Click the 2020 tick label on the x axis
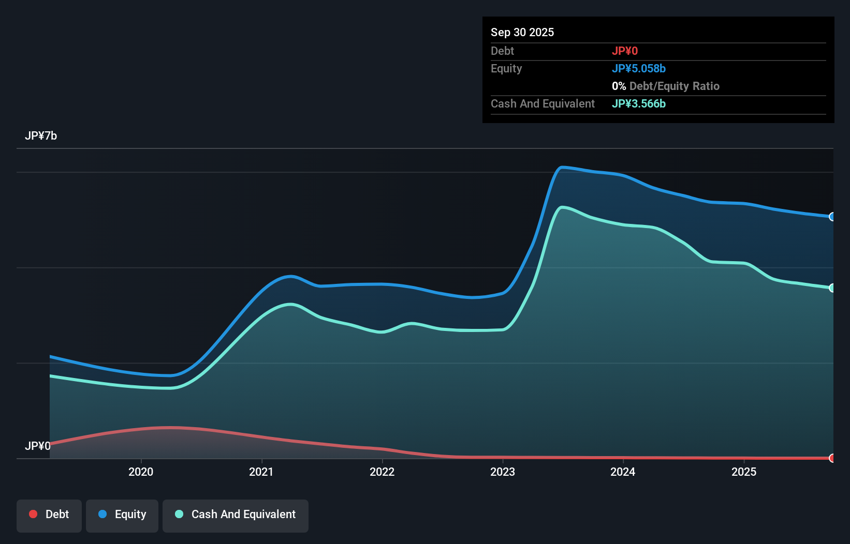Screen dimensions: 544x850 pyautogui.click(x=141, y=472)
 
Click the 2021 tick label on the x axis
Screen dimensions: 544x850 pyautogui.click(x=261, y=472)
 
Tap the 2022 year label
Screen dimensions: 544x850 pyautogui.click(x=382, y=472)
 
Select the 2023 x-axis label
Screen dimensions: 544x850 pyautogui.click(x=503, y=472)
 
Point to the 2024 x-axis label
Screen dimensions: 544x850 pyautogui.click(x=623, y=472)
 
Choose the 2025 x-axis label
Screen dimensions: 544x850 pyautogui.click(x=744, y=472)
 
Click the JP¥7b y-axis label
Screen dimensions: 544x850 pyautogui.click(x=41, y=136)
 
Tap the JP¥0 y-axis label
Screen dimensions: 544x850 pyautogui.click(x=38, y=446)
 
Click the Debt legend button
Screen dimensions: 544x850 pyautogui.click(x=49, y=515)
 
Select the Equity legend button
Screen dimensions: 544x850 pyautogui.click(x=122, y=515)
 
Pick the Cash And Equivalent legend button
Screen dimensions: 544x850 pyautogui.click(x=236, y=515)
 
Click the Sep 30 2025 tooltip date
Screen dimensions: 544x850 pyautogui.click(x=522, y=32)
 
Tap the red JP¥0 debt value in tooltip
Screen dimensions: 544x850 pyautogui.click(x=625, y=51)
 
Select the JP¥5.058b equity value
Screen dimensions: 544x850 pyautogui.click(x=639, y=68)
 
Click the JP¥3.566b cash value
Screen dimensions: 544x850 pyautogui.click(x=639, y=103)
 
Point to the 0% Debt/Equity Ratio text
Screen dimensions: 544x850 pyautogui.click(x=666, y=86)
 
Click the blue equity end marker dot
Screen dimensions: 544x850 pyautogui.click(x=832, y=217)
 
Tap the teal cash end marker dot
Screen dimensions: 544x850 pyautogui.click(x=832, y=288)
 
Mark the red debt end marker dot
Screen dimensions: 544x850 pyautogui.click(x=832, y=458)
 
